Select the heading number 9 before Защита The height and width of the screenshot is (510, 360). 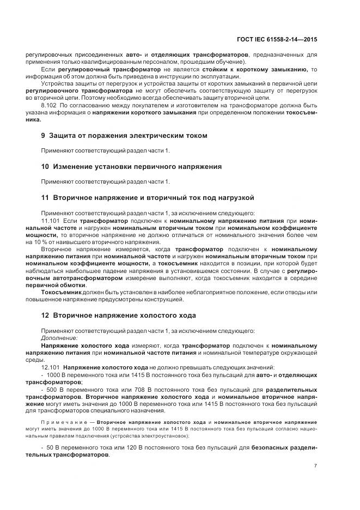44,135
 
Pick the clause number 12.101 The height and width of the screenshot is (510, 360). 51,368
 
